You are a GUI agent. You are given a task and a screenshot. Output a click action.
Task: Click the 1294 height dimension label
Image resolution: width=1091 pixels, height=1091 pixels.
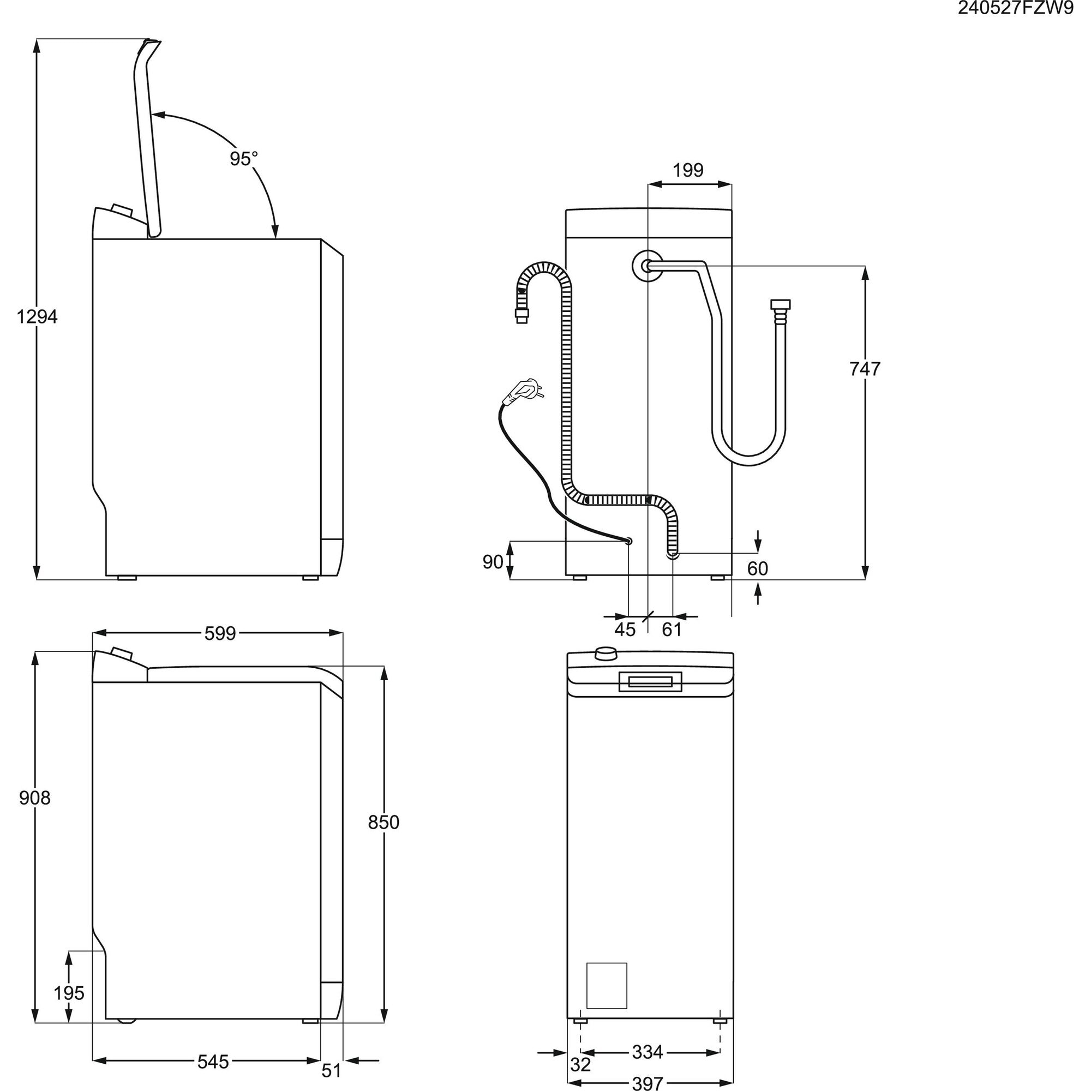click(x=37, y=317)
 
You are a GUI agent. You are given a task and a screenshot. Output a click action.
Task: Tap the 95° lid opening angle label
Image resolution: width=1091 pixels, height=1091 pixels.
click(x=243, y=159)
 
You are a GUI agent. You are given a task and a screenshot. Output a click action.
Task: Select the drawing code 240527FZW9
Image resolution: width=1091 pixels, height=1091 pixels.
click(x=1015, y=9)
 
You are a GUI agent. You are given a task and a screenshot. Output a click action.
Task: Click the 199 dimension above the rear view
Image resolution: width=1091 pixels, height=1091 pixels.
click(x=688, y=170)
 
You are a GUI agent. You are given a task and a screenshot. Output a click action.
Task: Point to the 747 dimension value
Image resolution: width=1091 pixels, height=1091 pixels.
click(x=865, y=369)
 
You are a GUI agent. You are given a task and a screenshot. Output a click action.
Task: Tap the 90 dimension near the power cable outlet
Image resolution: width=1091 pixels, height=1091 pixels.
click(x=493, y=562)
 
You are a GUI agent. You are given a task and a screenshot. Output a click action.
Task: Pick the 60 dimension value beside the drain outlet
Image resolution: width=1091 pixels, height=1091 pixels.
click(x=757, y=568)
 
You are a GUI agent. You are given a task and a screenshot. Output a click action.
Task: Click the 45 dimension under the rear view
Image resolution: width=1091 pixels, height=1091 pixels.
click(x=625, y=629)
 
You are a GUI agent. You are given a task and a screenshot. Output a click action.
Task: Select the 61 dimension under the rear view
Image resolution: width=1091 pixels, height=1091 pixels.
click(x=672, y=629)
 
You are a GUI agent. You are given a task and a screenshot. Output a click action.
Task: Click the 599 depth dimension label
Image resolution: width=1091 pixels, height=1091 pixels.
click(x=220, y=633)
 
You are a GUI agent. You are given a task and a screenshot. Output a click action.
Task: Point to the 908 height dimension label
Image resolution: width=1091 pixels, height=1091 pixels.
click(x=34, y=798)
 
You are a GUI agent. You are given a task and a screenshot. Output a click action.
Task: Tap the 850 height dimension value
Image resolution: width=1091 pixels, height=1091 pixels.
click(x=383, y=822)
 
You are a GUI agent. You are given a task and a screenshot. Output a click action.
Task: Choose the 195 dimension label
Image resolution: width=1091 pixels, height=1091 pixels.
click(x=69, y=993)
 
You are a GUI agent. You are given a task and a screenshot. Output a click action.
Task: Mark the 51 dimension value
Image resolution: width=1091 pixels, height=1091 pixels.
click(x=332, y=1070)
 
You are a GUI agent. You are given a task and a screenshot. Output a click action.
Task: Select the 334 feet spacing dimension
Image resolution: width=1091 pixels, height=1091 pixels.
click(x=647, y=1052)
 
